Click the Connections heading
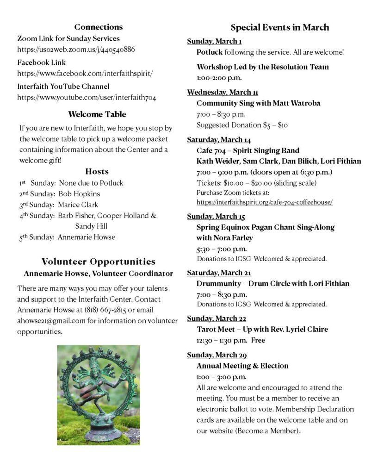point(99,27)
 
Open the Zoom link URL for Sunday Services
point(76,50)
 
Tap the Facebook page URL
point(85,73)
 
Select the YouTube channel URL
point(87,97)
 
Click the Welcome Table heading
point(97,114)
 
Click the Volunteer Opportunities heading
point(99,262)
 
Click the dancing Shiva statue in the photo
point(98,391)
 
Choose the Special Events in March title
point(279,27)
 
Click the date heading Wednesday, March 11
point(223,92)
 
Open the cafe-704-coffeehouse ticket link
point(264,202)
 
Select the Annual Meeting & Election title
point(242,366)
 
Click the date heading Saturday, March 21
point(219,273)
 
